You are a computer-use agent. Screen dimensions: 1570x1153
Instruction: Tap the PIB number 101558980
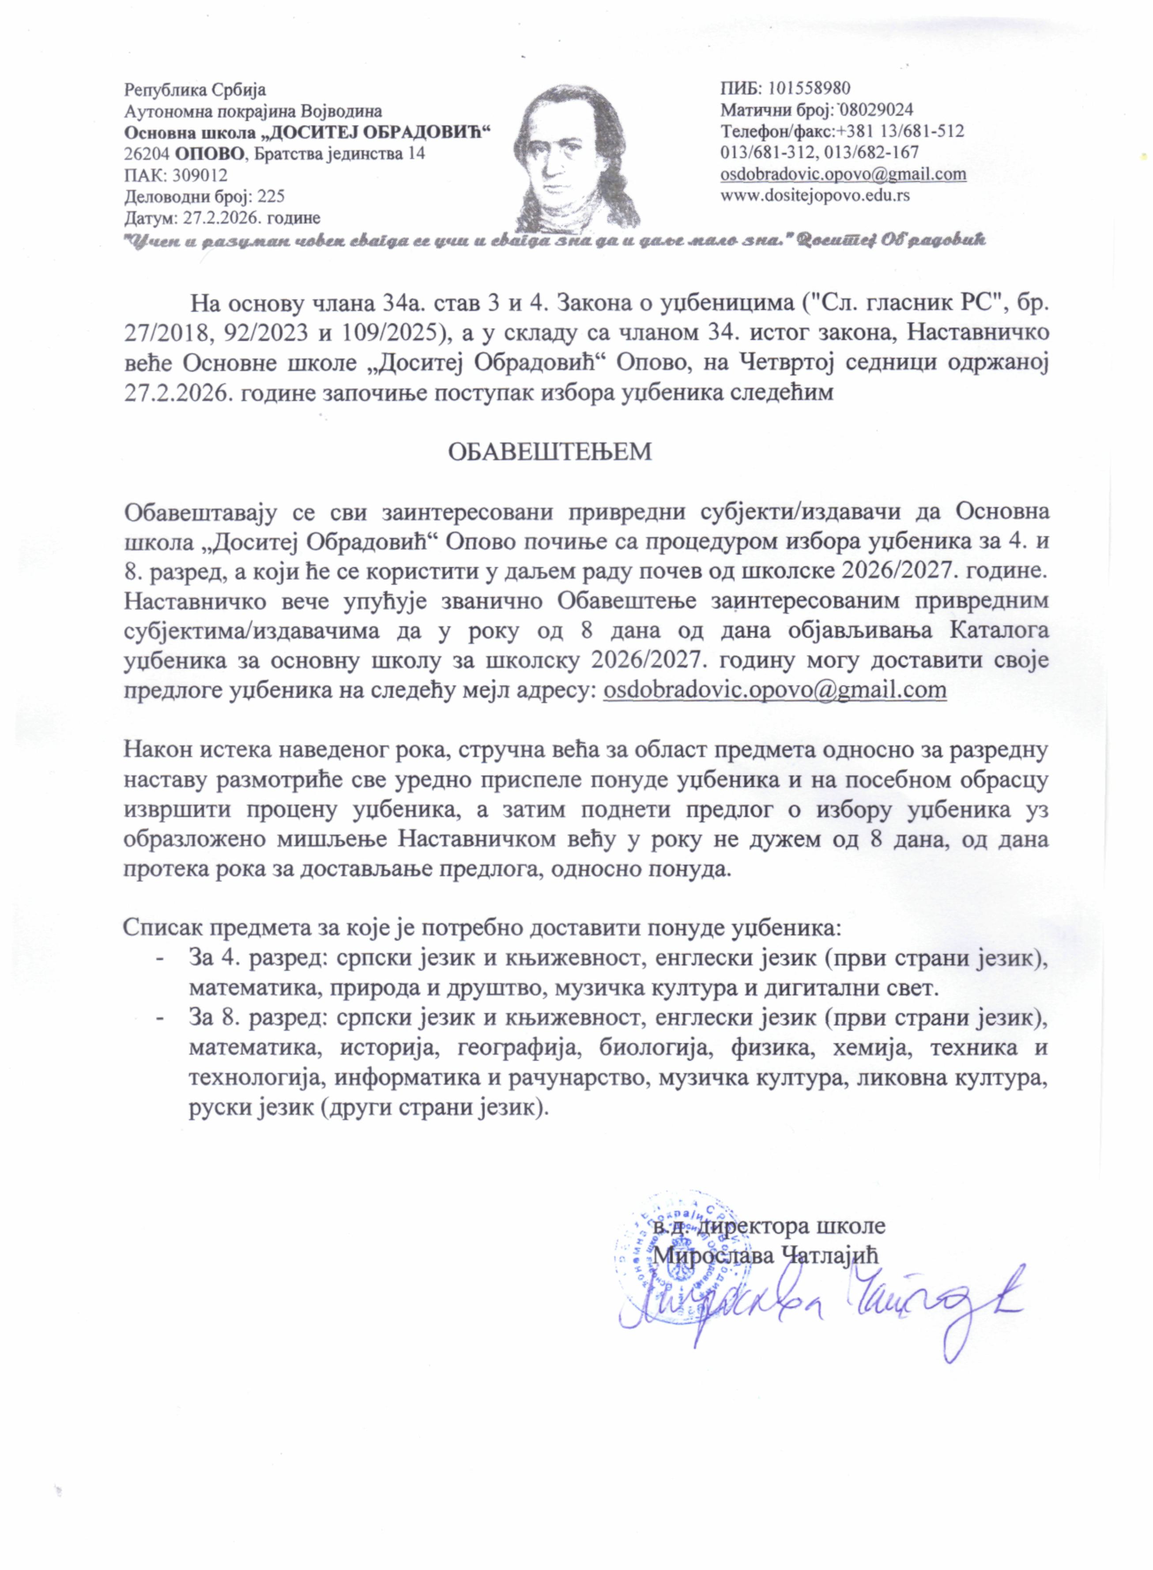point(809,89)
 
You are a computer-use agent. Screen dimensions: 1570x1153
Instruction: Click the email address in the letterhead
point(843,174)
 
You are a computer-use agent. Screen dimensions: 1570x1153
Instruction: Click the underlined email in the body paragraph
point(775,690)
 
